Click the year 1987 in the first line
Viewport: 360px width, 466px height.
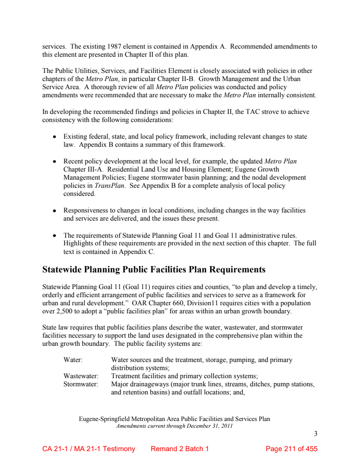click(115, 46)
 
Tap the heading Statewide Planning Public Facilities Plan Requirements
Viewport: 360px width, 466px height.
click(154, 270)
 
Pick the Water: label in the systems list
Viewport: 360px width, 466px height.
click(73, 360)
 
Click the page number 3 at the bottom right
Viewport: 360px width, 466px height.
click(315, 434)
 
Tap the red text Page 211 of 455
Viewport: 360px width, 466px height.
click(292, 449)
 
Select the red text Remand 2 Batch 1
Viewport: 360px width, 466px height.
click(180, 449)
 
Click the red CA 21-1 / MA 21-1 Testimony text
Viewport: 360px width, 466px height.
click(89, 449)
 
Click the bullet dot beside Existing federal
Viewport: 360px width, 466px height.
click(54, 136)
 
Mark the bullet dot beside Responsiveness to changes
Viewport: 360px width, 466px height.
click(54, 211)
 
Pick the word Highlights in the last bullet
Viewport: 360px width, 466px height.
click(79, 244)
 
